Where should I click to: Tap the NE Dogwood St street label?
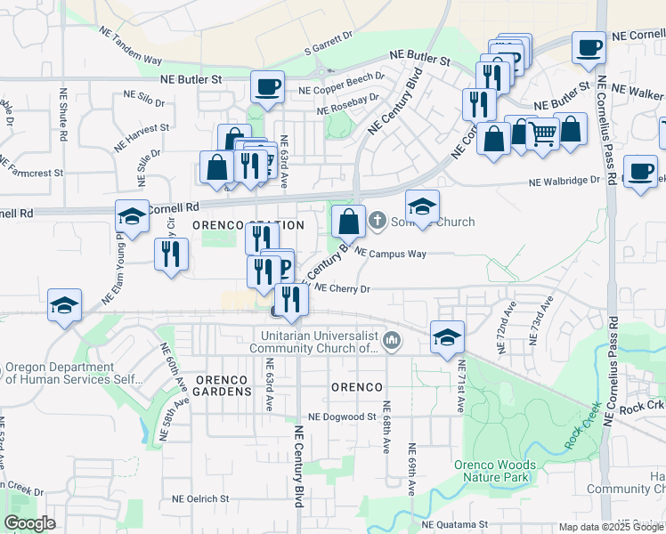343,417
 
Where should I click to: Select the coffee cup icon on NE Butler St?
267,88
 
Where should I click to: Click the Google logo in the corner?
29,523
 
